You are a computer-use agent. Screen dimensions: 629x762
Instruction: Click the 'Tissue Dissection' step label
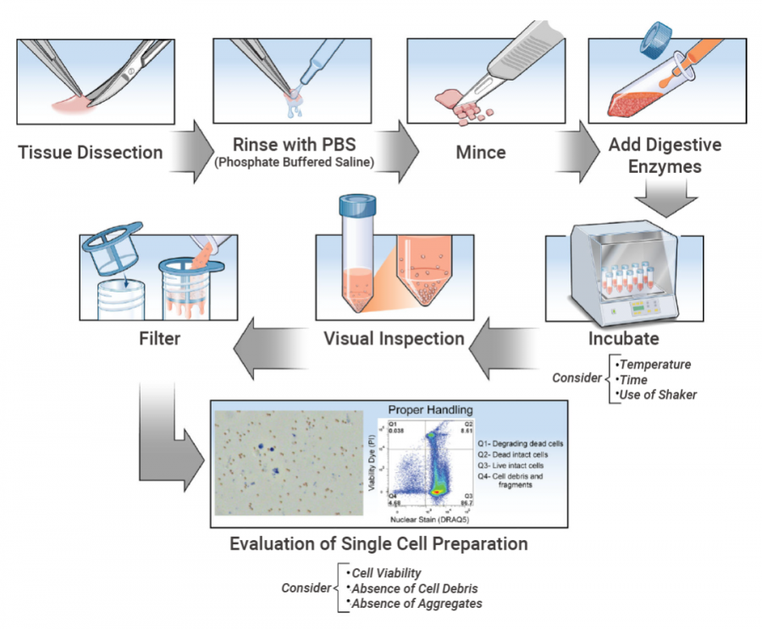pyautogui.click(x=90, y=153)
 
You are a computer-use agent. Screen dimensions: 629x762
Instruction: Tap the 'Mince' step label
pyautogui.click(x=481, y=153)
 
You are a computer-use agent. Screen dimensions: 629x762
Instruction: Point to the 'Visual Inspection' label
pyautogui.click(x=395, y=338)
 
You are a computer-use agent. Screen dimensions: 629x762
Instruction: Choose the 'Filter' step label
pyautogui.click(x=162, y=338)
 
